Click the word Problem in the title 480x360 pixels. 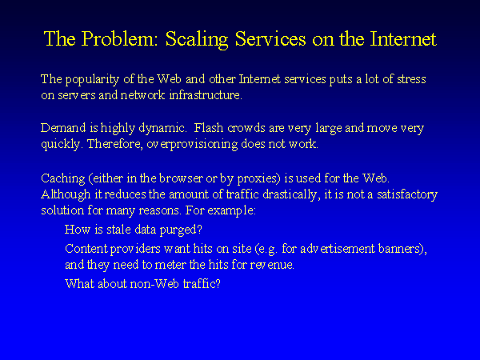point(119,39)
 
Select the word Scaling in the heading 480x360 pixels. point(197,40)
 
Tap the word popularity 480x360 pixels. point(92,80)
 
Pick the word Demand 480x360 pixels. point(63,127)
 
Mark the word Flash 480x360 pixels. point(209,127)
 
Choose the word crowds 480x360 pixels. point(246,128)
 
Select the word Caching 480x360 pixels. point(62,178)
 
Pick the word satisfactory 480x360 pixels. point(407,194)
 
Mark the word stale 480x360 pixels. point(118,230)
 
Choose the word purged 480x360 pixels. point(181,230)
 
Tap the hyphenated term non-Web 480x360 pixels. point(154,284)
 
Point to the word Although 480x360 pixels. point(66,194)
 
